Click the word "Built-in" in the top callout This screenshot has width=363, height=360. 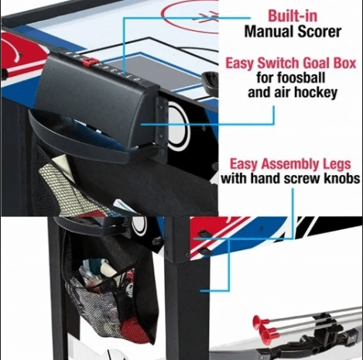pyautogui.click(x=293, y=16)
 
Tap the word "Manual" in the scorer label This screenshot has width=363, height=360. pyautogui.click(x=269, y=32)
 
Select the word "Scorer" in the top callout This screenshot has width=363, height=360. pyautogui.click(x=319, y=32)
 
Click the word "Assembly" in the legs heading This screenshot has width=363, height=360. pyautogui.click(x=290, y=164)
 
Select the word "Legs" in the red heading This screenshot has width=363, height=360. pyautogui.click(x=337, y=164)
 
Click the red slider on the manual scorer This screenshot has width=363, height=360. pyautogui.click(x=90, y=62)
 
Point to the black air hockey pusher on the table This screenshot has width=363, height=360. pyautogui.click(x=209, y=81)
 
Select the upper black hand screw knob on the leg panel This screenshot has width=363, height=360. pyautogui.click(x=204, y=234)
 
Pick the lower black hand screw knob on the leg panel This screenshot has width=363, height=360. pyautogui.click(x=204, y=251)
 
